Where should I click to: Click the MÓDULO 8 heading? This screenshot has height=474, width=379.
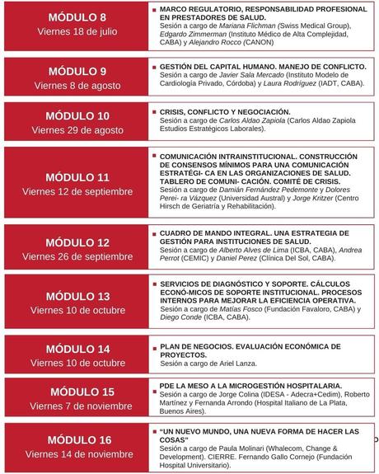[x=77, y=17]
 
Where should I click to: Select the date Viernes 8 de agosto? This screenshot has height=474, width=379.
[x=77, y=85]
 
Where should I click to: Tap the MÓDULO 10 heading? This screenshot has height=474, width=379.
[x=77, y=115]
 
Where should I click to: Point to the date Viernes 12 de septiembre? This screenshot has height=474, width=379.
[x=77, y=191]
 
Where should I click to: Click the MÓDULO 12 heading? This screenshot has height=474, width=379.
[x=77, y=242]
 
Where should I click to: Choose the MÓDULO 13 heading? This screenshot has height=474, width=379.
[x=77, y=295]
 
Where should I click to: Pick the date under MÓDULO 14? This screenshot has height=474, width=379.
[x=77, y=363]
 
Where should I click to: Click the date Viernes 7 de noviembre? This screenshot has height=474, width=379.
[x=77, y=406]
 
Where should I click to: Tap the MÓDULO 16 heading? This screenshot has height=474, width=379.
[x=77, y=439]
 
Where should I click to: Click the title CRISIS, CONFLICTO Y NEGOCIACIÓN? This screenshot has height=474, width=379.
[x=213, y=111]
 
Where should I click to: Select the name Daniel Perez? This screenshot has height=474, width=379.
[x=240, y=258]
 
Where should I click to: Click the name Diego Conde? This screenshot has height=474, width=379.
[x=185, y=317]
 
